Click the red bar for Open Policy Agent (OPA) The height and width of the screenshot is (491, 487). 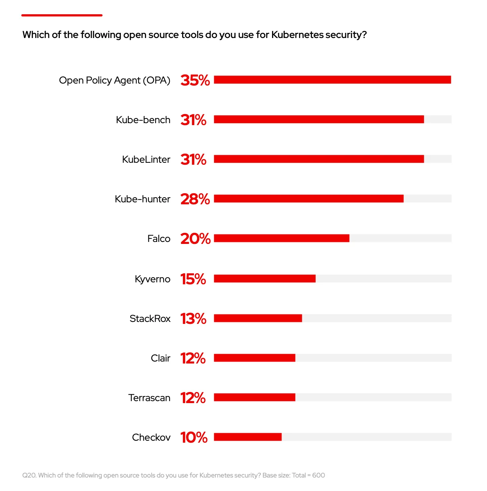click(332, 80)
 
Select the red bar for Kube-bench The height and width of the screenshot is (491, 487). click(319, 119)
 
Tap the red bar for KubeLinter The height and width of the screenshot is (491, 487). click(319, 159)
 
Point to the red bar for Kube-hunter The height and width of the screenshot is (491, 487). click(308, 198)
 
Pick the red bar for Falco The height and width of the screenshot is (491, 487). click(282, 238)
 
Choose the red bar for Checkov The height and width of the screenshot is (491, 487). click(247, 437)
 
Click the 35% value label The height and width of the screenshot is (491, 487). click(195, 80)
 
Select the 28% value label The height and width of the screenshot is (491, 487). click(195, 199)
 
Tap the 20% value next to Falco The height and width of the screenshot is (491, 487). click(195, 239)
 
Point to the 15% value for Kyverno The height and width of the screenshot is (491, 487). click(193, 279)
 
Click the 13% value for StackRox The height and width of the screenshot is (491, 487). click(193, 319)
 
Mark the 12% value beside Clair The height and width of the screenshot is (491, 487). click(193, 358)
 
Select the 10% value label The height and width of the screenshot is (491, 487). click(194, 438)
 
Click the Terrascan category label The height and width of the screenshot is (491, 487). click(149, 398)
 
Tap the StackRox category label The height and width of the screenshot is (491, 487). click(150, 319)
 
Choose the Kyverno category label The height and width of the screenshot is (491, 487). click(152, 279)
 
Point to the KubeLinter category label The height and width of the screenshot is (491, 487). click(146, 160)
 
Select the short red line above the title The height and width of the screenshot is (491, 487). click(62, 15)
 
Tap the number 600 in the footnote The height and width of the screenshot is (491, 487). click(318, 475)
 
